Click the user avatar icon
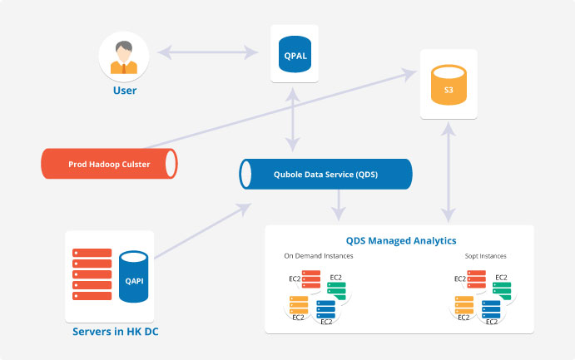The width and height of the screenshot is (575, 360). pyautogui.click(x=124, y=57)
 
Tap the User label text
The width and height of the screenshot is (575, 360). pyautogui.click(x=125, y=91)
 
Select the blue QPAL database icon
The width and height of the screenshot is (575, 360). pyautogui.click(x=295, y=54)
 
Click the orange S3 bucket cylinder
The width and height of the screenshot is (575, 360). pyautogui.click(x=449, y=85)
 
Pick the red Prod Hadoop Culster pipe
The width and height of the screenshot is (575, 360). pyautogui.click(x=109, y=164)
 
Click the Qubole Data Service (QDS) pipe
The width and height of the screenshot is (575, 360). pyautogui.click(x=325, y=174)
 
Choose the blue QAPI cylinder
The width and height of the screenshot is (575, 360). pyautogui.click(x=134, y=277)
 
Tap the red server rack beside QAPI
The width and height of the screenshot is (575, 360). pyautogui.click(x=92, y=274)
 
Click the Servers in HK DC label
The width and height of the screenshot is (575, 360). pyautogui.click(x=116, y=332)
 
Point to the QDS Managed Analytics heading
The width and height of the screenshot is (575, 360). pyautogui.click(x=401, y=240)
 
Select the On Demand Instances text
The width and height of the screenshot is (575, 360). pyautogui.click(x=319, y=256)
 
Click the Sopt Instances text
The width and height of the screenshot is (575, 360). pyautogui.click(x=485, y=256)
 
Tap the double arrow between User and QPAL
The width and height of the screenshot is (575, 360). pyautogui.click(x=208, y=52)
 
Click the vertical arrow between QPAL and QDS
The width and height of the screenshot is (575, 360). pyautogui.click(x=293, y=120)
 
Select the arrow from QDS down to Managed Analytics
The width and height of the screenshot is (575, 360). pyautogui.click(x=338, y=205)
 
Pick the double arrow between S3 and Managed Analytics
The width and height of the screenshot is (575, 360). pyautogui.click(x=449, y=172)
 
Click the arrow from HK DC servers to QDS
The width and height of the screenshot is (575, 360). pyautogui.click(x=203, y=231)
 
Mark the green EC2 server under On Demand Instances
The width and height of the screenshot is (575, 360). pyautogui.click(x=337, y=291)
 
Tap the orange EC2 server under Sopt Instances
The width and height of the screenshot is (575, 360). pyautogui.click(x=464, y=304)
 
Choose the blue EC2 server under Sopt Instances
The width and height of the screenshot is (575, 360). pyautogui.click(x=492, y=309)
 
